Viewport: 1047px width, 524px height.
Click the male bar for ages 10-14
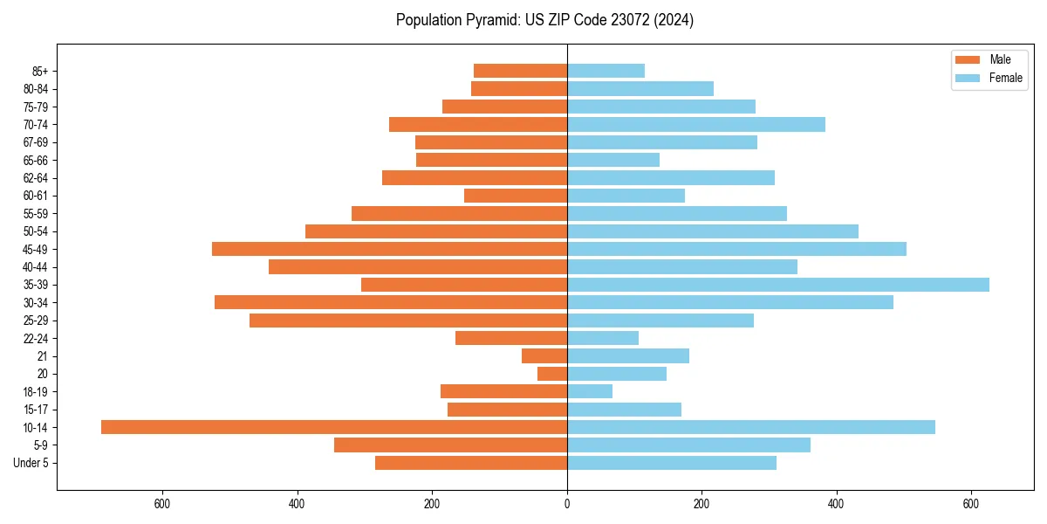click(x=334, y=427)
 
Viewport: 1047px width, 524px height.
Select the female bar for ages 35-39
click(x=778, y=285)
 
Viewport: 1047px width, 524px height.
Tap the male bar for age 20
click(x=552, y=374)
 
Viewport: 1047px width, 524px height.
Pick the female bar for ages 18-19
click(x=590, y=391)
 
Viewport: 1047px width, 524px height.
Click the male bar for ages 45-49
click(x=389, y=249)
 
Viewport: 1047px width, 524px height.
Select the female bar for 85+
click(x=606, y=71)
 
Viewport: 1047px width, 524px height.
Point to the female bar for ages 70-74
click(x=696, y=124)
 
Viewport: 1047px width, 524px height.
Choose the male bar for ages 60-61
click(x=516, y=196)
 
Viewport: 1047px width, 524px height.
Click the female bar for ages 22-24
click(x=603, y=338)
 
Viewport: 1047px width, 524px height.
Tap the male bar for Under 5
click(x=471, y=463)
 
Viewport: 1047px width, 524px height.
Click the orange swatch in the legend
click(x=968, y=60)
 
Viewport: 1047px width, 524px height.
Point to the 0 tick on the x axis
click(x=567, y=503)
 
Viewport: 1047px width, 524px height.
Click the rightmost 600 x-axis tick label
click(x=971, y=503)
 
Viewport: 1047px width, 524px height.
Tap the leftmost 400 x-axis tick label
click(x=298, y=503)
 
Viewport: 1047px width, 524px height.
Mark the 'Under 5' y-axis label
click(x=31, y=463)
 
